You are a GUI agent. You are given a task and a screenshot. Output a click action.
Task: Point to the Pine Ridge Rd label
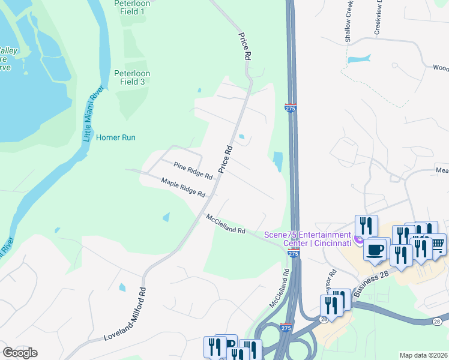pyautogui.click(x=193, y=171)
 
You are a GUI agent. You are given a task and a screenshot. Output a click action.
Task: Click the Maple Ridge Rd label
pyautogui.click(x=183, y=187)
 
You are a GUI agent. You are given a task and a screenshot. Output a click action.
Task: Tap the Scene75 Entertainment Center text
pyautogui.click(x=308, y=239)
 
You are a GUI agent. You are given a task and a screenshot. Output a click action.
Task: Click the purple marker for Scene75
pyautogui.click(x=358, y=240)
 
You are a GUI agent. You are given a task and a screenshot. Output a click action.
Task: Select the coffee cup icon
pyautogui.click(x=376, y=249)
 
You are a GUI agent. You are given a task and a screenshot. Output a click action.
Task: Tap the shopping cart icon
pyautogui.click(x=438, y=243)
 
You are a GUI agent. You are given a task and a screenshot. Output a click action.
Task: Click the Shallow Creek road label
pyautogui.click(x=348, y=21)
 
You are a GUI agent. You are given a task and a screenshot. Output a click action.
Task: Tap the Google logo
pyautogui.click(x=20, y=353)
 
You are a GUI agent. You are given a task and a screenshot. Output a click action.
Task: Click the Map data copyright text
pyautogui.click(x=423, y=355)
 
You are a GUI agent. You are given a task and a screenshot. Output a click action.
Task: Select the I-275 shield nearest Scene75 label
pyautogui.click(x=292, y=254)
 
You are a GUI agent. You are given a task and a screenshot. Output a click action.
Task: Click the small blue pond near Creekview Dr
pyautogui.click(x=359, y=59)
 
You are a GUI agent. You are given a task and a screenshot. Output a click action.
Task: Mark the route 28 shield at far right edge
pyautogui.click(x=438, y=322)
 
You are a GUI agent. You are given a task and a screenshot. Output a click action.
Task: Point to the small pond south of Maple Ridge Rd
pyautogui.click(x=166, y=217)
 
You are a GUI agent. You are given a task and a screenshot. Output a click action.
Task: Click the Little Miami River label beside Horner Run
pyautogui.click(x=93, y=114)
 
